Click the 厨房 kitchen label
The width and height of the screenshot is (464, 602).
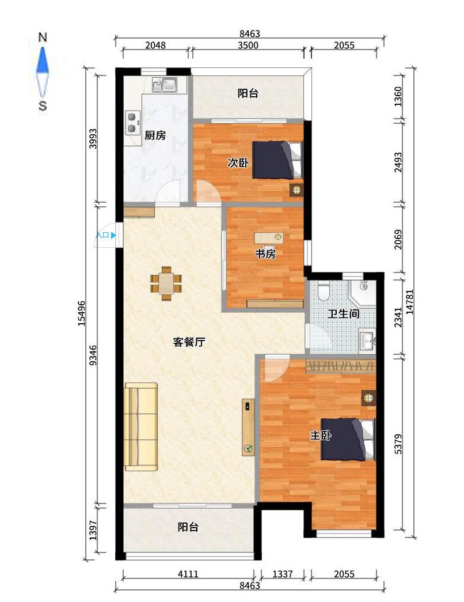coord(155,135)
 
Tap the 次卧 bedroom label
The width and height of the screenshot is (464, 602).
coord(238,163)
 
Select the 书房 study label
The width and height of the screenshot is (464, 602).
coord(265,254)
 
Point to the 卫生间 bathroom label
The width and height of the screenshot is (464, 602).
coord(343,313)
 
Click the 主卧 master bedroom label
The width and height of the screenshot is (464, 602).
coord(321,436)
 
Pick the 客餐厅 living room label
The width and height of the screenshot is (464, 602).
coord(189,342)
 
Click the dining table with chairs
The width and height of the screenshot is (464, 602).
coord(166,283)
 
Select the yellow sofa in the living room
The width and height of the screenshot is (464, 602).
coord(141,426)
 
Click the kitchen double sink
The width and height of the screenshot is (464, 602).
coord(165,85)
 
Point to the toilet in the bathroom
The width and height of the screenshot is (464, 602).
coord(324,291)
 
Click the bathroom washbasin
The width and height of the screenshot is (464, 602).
coord(367,340)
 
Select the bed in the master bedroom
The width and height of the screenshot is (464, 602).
coord(347,440)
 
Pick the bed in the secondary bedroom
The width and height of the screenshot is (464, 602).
coord(277,160)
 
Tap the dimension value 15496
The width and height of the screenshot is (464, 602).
coord(82,313)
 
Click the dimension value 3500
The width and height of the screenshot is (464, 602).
coord(248,46)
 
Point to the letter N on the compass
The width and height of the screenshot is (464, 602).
coord(43,37)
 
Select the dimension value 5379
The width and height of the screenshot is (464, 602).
coord(398,444)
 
